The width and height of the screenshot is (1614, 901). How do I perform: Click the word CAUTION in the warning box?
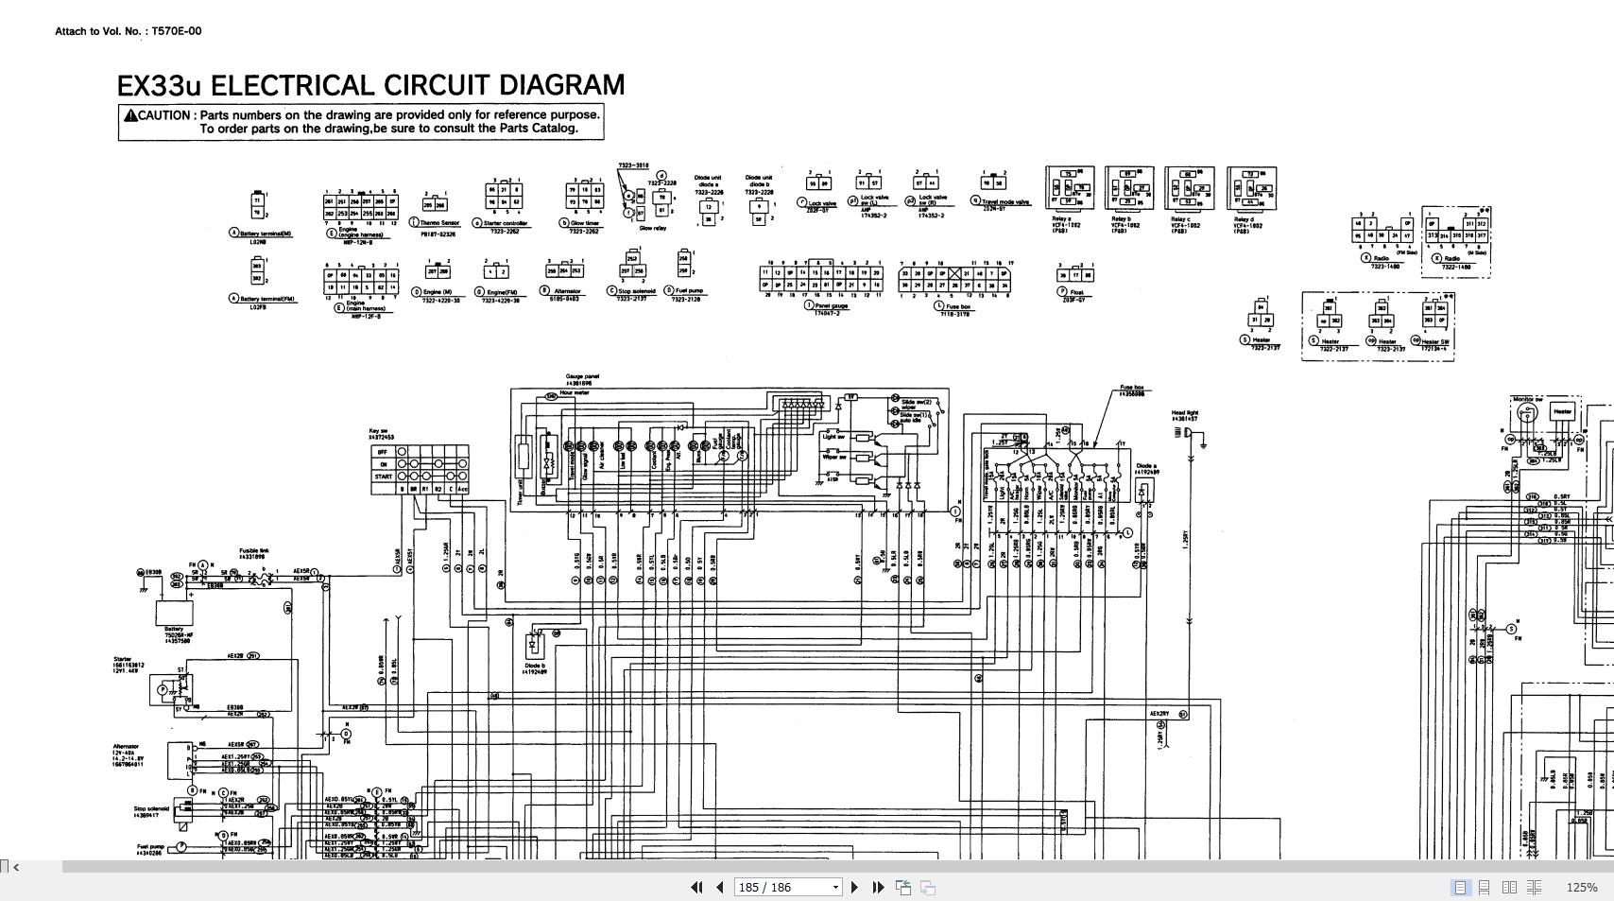[x=164, y=115]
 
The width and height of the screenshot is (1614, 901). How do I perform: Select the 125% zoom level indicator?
[x=1581, y=887]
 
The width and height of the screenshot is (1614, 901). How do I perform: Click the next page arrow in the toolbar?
[x=854, y=887]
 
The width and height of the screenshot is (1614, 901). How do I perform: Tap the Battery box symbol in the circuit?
[x=175, y=612]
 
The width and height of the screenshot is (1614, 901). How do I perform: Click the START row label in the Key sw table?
[x=383, y=476]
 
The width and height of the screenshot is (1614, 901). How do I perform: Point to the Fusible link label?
[x=253, y=551]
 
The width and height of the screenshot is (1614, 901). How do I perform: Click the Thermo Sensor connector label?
[x=439, y=224]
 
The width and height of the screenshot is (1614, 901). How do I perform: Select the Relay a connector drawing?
[x=1070, y=188]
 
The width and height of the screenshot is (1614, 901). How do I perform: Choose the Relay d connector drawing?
[x=1251, y=188]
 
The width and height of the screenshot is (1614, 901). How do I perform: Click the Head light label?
[x=1184, y=413]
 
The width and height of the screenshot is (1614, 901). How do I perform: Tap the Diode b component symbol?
[x=533, y=646]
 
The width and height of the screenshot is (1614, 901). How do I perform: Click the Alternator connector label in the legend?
[x=567, y=292]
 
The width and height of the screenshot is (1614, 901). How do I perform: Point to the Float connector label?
[x=1076, y=293]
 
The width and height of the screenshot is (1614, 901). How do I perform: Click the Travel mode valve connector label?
[x=1005, y=202]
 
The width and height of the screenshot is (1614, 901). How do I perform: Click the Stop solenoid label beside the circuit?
[x=151, y=809]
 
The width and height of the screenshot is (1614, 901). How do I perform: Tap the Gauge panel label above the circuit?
[x=582, y=376]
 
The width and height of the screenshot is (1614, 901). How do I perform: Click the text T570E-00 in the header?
[x=177, y=31]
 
